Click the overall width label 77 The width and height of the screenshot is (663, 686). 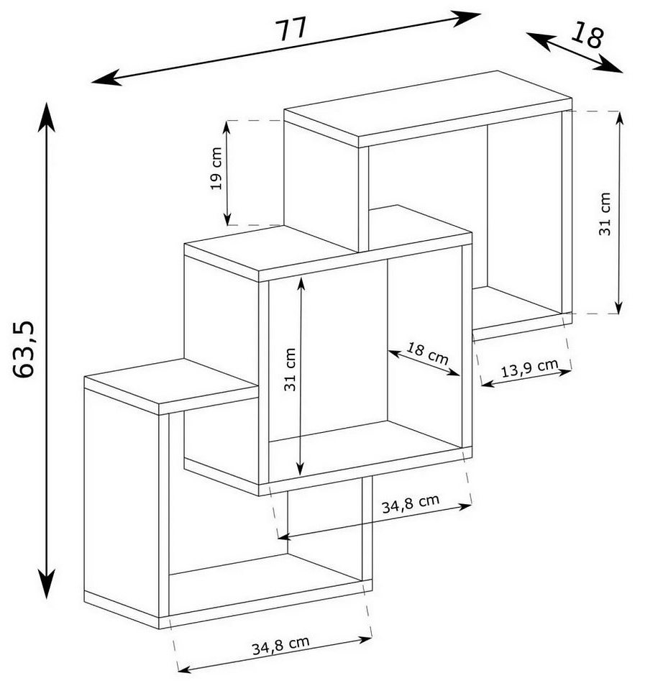(x=291, y=29)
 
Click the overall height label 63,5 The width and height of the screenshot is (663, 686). (x=23, y=349)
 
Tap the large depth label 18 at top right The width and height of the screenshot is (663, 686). (x=587, y=35)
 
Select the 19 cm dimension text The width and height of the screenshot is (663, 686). (x=216, y=168)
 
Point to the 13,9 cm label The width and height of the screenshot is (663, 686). (x=529, y=368)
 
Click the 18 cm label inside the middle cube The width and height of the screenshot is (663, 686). (x=428, y=354)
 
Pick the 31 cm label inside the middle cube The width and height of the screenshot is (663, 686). (x=290, y=370)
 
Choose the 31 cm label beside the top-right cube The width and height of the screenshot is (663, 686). (x=604, y=214)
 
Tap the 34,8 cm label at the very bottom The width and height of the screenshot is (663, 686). (x=280, y=645)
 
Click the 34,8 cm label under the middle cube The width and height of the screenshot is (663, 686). (x=411, y=504)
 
